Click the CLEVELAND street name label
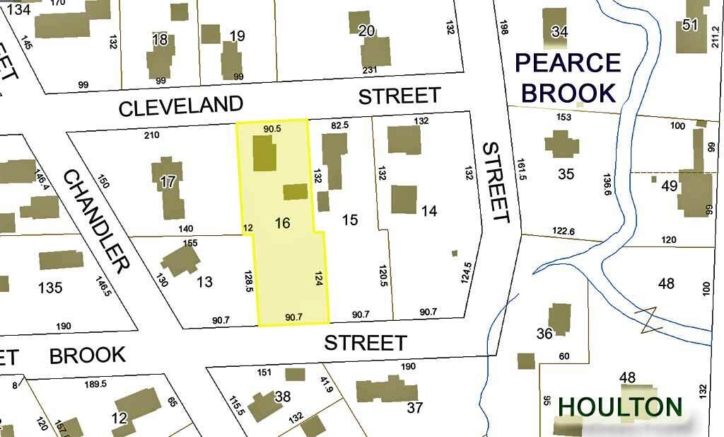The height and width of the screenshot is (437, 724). click(181, 107)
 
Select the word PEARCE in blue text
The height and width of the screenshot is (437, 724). click(568, 63)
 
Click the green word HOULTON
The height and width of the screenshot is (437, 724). click(620, 407)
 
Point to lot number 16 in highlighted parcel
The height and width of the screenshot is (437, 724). click(282, 223)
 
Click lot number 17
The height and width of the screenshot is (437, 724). click(167, 181)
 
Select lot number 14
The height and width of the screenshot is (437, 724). click(429, 210)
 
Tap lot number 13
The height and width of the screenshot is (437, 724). click(204, 283)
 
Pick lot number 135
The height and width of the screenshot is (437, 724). click(50, 288)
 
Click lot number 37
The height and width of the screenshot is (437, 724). click(414, 408)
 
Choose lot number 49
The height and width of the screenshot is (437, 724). click(669, 186)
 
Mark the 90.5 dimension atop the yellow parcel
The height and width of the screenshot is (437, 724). click(272, 129)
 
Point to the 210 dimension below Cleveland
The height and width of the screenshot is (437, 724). click(151, 135)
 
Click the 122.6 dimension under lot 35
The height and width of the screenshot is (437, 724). click(563, 231)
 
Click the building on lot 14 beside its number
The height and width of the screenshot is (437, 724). click(404, 200)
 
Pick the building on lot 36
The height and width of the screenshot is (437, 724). click(560, 319)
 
